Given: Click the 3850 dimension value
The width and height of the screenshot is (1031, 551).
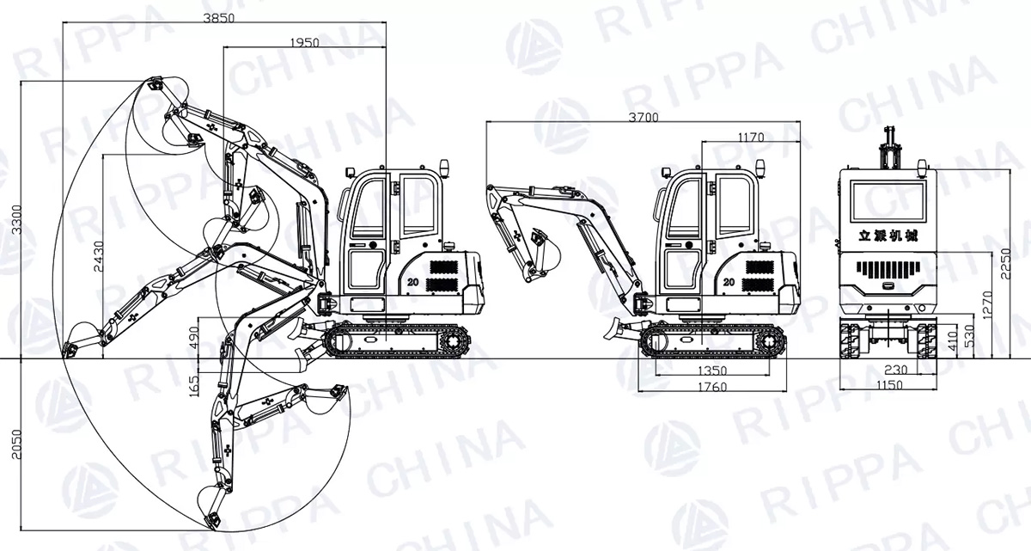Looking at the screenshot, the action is pos(218,18).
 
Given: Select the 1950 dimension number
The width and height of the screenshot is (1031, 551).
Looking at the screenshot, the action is pos(305,43).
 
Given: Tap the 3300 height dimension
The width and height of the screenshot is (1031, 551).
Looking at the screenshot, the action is pos(16,219).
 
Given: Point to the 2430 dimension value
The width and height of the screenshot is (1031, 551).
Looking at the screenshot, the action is pos(99,256).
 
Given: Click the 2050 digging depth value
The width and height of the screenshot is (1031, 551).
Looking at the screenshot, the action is pos(16,444).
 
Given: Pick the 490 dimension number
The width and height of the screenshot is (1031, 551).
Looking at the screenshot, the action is pos(194,338).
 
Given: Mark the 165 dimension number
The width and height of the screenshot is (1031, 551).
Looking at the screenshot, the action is pos(194,386).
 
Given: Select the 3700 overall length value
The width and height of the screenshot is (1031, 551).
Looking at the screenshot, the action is pos(644,118).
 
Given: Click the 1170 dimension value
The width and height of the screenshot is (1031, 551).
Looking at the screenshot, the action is pos(751,138).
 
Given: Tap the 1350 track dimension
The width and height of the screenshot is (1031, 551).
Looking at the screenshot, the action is pos(712,370).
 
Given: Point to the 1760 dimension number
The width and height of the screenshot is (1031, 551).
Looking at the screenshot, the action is pos(712,387).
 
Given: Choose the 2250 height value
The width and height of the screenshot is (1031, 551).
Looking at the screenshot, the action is pos(1005,263).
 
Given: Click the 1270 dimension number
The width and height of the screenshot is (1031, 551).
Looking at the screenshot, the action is pos(988,305).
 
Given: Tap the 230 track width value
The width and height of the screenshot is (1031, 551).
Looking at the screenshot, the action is pos(895,369).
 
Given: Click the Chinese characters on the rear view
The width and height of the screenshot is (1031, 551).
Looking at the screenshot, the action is pos(888,236).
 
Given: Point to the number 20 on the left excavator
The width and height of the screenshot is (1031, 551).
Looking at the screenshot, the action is pos(412,282).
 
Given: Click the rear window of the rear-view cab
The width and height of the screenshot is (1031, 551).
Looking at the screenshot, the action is pos(888,202).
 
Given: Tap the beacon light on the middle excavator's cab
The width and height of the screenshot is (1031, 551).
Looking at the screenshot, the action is pos(759,168).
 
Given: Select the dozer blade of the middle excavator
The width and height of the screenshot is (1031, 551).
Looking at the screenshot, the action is pos(613,328).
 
